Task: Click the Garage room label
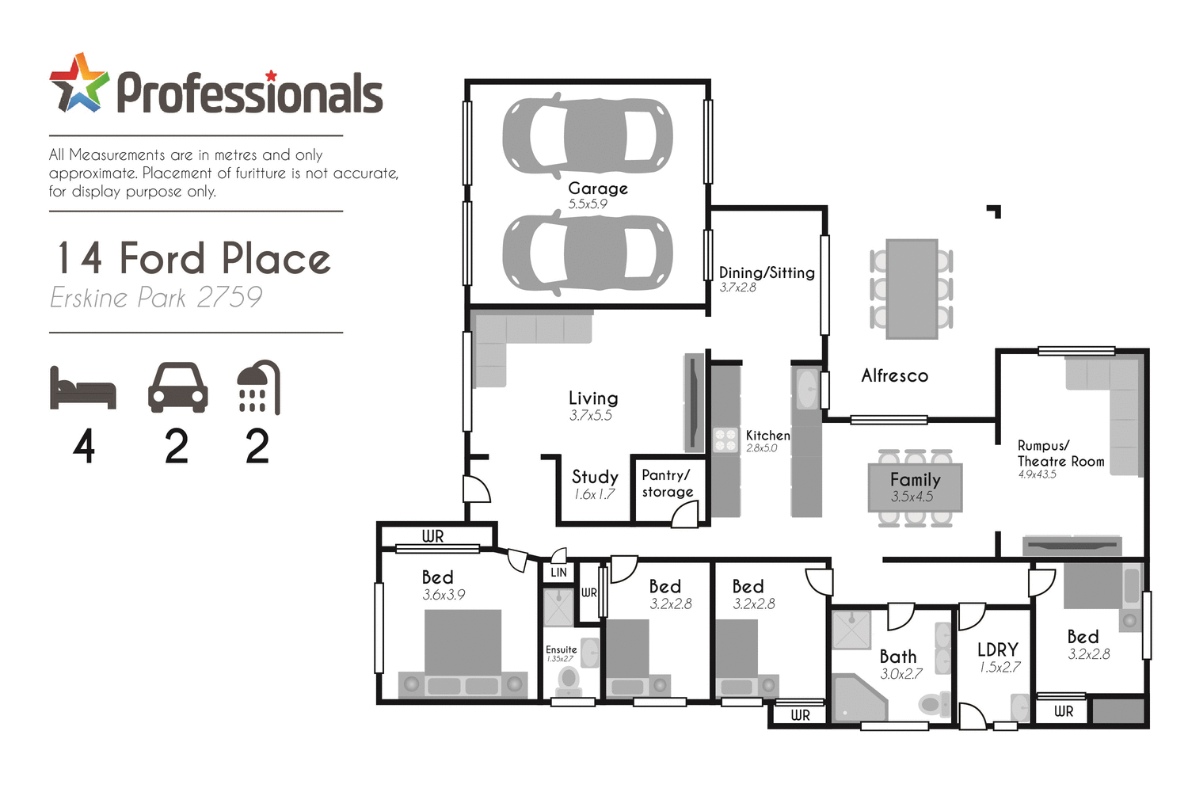598,188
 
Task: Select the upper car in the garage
588,136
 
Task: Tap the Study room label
595,477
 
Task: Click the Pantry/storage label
667,483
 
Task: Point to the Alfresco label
894,375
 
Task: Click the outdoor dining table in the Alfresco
912,289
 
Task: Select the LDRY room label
997,650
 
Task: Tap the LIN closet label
558,573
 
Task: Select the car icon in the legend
177,387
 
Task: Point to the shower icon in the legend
258,387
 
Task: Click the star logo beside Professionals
78,83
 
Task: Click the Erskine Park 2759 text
156,298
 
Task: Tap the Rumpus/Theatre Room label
1060,454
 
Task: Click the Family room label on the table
915,480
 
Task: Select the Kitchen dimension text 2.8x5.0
761,448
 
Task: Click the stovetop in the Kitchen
725,440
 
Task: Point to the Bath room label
898,657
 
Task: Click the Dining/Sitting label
767,272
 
